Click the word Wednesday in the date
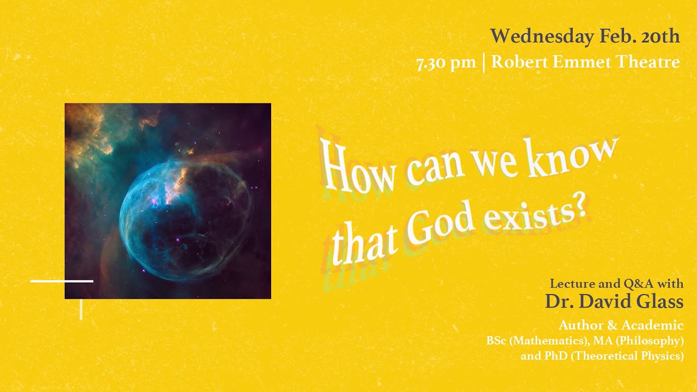point(542,36)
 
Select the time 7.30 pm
point(446,62)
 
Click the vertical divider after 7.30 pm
point(484,62)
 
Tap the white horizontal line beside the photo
point(62,281)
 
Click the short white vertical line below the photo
point(81,309)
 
